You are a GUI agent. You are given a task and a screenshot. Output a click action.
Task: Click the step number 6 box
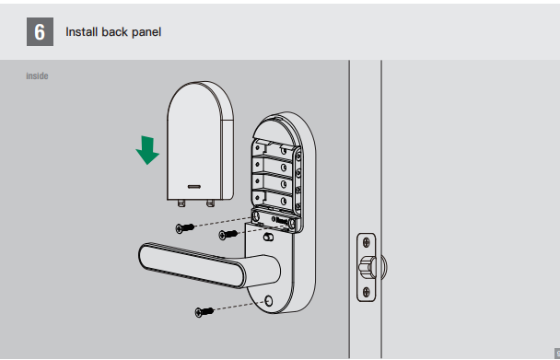coord(40,32)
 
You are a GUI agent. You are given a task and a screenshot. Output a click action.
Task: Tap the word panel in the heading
coord(146,32)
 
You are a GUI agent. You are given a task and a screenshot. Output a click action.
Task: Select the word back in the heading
coord(114,32)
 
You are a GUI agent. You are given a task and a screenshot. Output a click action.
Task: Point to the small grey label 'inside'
coord(37,76)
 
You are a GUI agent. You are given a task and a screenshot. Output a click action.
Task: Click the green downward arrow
coord(147,150)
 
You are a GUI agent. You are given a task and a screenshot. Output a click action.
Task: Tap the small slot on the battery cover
coord(194,186)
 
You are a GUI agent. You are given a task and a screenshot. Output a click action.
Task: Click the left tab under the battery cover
coord(181,203)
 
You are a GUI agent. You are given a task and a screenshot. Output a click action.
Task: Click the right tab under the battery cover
coord(210,203)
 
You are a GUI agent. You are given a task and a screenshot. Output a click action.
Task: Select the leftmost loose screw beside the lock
coord(185,227)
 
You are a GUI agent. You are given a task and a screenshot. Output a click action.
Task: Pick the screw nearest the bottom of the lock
coord(204,312)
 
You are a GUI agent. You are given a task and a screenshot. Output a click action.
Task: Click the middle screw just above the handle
coord(227,235)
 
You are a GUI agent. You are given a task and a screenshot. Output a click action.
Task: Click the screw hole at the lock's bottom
coord(269,301)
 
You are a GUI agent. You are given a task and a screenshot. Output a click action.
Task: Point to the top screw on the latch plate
coord(367,243)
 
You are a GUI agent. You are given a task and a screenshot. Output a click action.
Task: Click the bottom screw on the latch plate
coord(367,292)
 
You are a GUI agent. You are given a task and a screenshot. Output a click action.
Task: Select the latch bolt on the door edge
coord(367,267)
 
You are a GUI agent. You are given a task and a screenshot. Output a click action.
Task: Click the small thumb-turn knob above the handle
coord(268,237)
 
